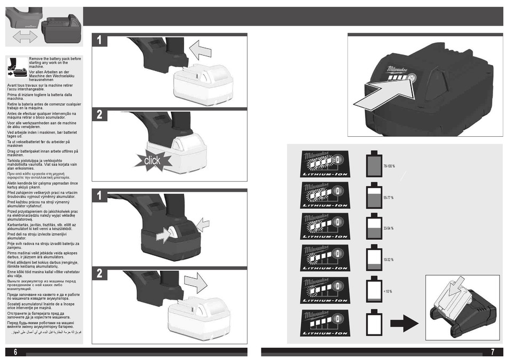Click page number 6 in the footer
pyautogui.click(x=15, y=352)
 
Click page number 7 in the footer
pyautogui.click(x=492, y=352)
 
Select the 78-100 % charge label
pyautogui.click(x=389, y=167)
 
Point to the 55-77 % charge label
pyautogui.click(x=389, y=198)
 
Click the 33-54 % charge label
pyautogui.click(x=389, y=229)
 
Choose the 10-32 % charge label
pyautogui.click(x=389, y=260)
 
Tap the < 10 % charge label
pyautogui.click(x=387, y=291)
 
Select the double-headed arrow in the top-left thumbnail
pyautogui.click(x=25, y=37)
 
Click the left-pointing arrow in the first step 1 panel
pyautogui.click(x=200, y=51)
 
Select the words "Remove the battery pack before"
pyautogui.click(x=55, y=59)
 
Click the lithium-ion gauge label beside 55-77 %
pyautogui.click(x=325, y=195)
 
